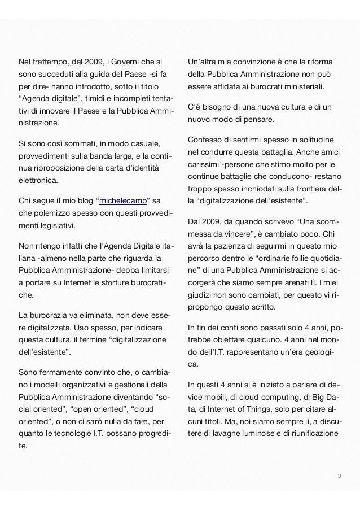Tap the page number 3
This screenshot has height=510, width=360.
339,476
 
